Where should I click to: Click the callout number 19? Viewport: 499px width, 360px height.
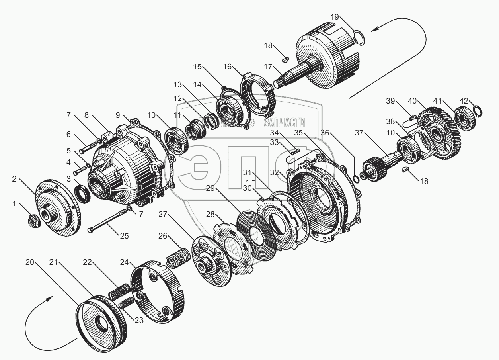(x=335, y=17)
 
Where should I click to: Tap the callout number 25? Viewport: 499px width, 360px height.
(x=124, y=236)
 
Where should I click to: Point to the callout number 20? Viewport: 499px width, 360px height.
(x=30, y=262)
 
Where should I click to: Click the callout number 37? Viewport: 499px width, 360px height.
(x=359, y=133)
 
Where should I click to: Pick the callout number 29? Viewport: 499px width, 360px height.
(x=210, y=188)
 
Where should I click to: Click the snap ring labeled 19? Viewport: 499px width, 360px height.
(x=361, y=39)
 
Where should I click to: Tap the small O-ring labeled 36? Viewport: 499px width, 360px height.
(x=357, y=178)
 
